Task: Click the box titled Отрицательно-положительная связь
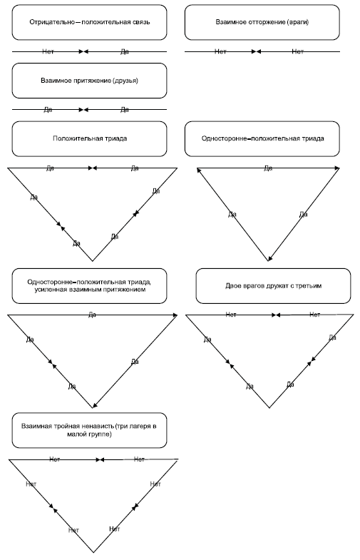[x=89, y=22]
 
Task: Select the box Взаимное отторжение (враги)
[x=262, y=22]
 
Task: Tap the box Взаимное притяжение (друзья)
[x=89, y=81]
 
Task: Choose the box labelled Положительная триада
[x=89, y=138]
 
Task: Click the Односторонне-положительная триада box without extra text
[x=262, y=138]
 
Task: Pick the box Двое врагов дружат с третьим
[x=273, y=286]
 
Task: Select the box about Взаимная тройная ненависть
[x=89, y=430]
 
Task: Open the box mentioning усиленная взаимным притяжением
[x=89, y=286]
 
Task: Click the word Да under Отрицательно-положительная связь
[x=125, y=52]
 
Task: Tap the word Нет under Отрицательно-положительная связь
[x=48, y=52]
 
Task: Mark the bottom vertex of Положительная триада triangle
[x=93, y=261]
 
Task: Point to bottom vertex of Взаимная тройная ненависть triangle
[x=93, y=552]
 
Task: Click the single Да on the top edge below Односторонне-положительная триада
[x=268, y=168]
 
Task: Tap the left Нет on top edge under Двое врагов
[x=231, y=315]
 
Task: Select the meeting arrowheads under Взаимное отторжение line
[x=256, y=52]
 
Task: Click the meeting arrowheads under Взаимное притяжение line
[x=83, y=110]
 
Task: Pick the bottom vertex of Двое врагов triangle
[x=269, y=407]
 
